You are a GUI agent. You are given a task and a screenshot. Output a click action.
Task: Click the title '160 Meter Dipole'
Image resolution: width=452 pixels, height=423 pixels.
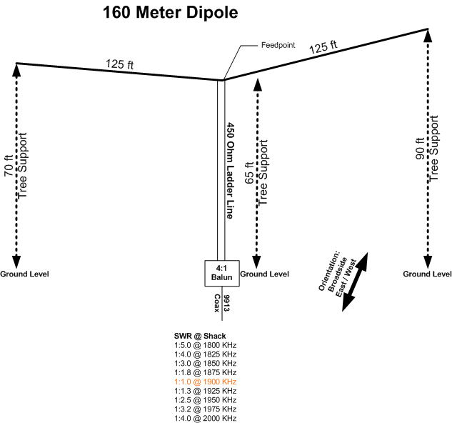pos(170,12)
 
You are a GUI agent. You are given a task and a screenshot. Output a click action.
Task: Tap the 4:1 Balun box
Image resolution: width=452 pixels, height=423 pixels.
pos(221,272)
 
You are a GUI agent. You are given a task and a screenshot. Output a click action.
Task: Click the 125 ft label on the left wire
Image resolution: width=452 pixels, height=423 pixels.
pos(120,65)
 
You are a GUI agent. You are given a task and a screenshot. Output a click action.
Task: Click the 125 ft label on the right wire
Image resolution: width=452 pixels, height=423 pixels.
pos(323,48)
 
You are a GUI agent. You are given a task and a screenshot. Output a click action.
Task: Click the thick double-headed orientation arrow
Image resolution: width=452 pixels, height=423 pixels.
pos(355,282)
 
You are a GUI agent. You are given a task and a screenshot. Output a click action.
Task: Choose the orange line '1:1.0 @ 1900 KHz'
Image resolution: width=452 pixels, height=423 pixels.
pos(204,382)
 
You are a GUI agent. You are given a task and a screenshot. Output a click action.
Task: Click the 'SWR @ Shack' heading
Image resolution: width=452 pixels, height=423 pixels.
pos(199,336)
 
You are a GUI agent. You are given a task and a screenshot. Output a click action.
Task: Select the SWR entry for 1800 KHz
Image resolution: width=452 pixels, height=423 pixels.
pos(204,345)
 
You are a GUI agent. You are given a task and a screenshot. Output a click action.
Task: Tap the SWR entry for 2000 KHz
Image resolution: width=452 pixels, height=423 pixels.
pos(204,418)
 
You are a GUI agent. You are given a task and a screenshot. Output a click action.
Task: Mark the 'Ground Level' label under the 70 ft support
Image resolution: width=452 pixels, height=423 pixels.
pos(24,274)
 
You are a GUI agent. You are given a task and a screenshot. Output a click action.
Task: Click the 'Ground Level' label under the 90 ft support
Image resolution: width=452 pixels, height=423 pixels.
pos(427,274)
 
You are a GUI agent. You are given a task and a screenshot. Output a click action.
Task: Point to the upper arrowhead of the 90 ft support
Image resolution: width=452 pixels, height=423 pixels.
pos(428,37)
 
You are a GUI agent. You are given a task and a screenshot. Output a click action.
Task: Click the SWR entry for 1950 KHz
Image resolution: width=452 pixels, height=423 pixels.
pos(204,400)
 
